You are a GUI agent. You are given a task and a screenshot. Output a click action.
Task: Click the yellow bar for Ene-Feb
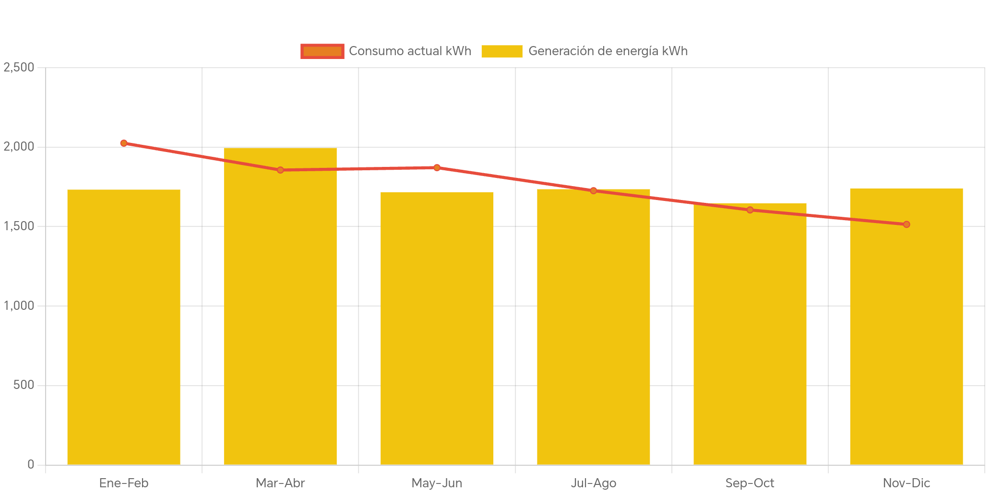pos(124,327)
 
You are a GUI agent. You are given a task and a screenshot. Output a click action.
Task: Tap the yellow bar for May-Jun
pos(437,328)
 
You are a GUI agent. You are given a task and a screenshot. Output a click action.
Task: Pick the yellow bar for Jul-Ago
pos(593,327)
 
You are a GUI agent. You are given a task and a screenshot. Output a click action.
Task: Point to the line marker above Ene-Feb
pos(124,143)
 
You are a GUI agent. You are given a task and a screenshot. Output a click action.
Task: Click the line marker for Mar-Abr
pos(280,170)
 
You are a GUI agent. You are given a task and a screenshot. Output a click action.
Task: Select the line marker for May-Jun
pos(437,167)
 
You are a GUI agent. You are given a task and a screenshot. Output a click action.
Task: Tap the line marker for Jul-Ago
pos(593,190)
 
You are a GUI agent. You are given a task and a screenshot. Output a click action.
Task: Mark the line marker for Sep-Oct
pos(750,210)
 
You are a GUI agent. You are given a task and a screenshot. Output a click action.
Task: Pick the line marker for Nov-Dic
pos(906,224)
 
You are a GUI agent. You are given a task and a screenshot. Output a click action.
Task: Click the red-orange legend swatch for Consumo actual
pos(322,51)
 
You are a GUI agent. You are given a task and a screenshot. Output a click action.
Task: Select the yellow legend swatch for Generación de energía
pos(501,51)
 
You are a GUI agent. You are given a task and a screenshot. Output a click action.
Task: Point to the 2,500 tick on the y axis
pos(19,67)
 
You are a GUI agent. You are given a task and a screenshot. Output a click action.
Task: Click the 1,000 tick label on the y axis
pos(19,306)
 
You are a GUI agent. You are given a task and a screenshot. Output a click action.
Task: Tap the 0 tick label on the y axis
pos(31,464)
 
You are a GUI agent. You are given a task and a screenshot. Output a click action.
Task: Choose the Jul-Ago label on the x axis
pos(593,483)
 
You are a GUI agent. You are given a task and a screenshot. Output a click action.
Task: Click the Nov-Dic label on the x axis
pos(906,483)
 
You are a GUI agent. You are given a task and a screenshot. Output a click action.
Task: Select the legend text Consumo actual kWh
pos(410,51)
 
